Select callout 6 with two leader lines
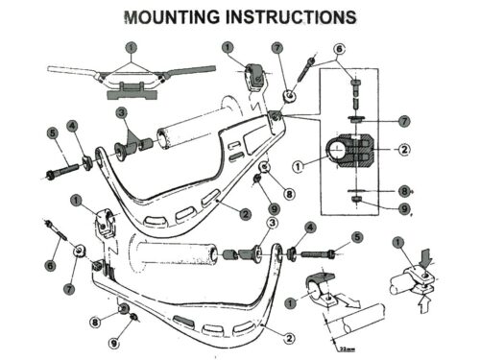pos(340,48)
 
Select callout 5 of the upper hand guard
pos(51,132)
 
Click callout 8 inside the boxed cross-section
pos(405,192)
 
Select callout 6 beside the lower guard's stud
pos(49,265)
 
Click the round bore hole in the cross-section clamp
pos(338,150)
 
